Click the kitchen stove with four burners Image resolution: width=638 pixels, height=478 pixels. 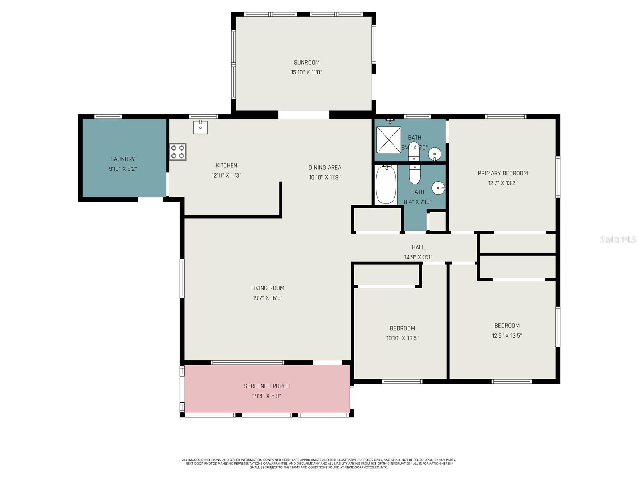178,152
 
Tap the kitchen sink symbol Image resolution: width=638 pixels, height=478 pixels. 201,127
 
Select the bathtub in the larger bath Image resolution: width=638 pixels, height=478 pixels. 386,184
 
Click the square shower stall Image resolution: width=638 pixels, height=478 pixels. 389,139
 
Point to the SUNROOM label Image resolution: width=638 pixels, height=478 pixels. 307,62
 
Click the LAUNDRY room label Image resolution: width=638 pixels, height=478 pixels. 123,159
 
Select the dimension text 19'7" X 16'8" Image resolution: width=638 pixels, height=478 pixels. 268,298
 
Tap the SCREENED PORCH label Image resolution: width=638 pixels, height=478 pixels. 267,386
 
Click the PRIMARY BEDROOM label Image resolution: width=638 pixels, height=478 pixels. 503,173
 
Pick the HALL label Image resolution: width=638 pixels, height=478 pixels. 418,247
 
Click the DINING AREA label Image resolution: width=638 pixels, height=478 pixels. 325,168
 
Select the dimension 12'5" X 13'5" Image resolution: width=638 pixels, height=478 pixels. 507,336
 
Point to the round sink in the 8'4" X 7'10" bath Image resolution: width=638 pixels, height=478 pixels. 438,188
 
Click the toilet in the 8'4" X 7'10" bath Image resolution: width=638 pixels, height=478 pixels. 415,174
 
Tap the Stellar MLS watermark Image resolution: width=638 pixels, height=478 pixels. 618,239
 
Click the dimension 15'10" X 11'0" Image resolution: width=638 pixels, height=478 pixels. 307,72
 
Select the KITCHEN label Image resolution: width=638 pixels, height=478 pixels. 226,166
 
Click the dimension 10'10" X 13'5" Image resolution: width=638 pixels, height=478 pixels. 402,338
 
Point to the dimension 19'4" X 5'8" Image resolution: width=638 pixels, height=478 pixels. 267,396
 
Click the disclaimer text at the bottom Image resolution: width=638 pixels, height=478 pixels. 319,464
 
